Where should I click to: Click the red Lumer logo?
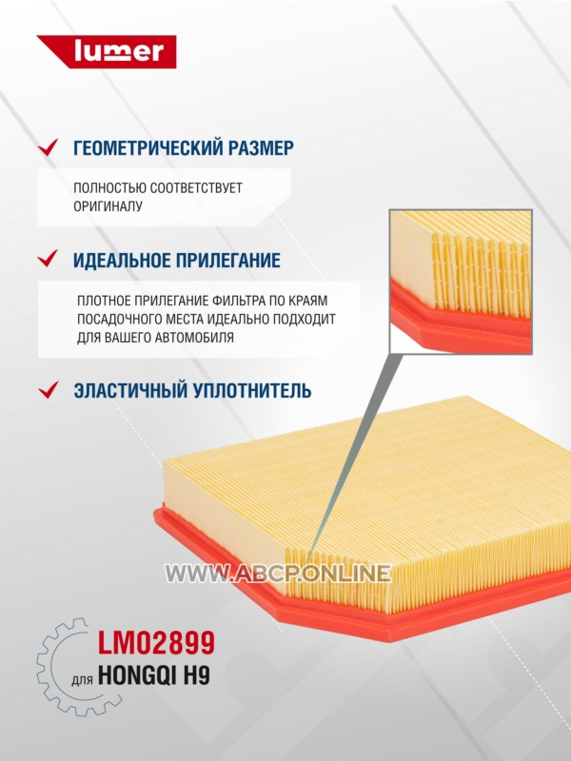(x=107, y=51)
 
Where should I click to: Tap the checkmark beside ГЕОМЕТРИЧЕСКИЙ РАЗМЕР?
(x=49, y=147)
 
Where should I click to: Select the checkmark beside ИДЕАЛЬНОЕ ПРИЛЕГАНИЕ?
(x=49, y=259)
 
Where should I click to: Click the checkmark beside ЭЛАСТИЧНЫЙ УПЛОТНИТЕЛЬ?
(x=49, y=390)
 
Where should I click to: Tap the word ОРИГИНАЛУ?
(x=108, y=206)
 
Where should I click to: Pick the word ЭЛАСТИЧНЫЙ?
(x=129, y=390)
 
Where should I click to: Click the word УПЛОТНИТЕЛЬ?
(x=251, y=390)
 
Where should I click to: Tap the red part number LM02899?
(x=156, y=643)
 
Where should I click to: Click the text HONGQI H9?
(x=154, y=675)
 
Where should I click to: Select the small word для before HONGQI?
(x=82, y=679)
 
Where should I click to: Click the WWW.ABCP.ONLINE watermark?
(x=278, y=574)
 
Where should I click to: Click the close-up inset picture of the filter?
(x=461, y=282)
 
